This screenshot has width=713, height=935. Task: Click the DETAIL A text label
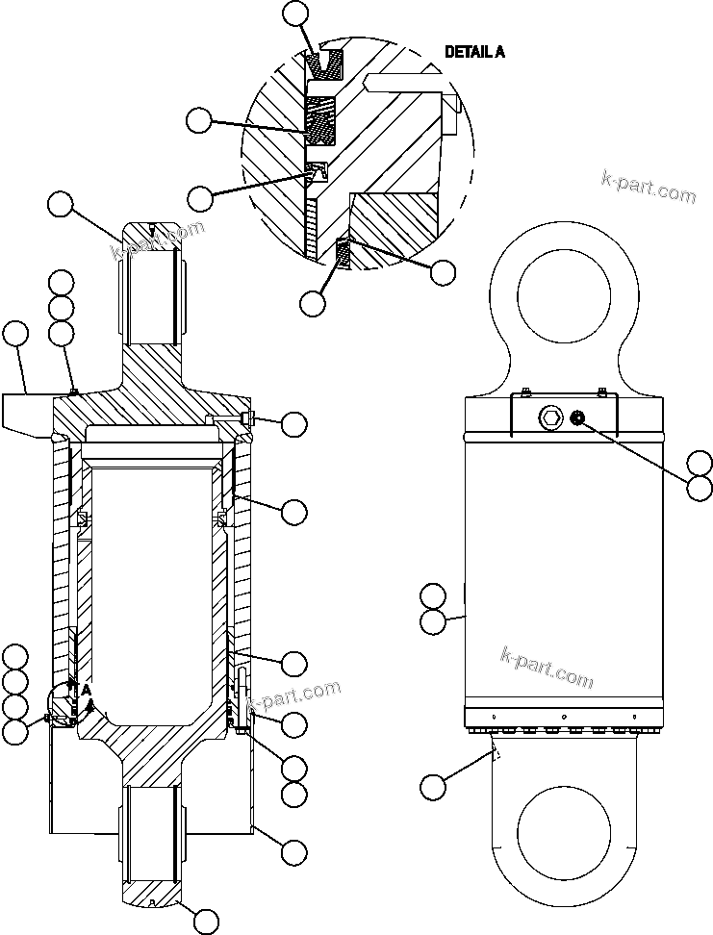click(474, 52)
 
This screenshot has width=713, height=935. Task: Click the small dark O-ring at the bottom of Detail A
click(343, 255)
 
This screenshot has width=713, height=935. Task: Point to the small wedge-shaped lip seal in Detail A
click(317, 172)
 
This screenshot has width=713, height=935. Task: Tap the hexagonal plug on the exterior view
click(551, 416)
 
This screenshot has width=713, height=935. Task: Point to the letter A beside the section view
click(86, 689)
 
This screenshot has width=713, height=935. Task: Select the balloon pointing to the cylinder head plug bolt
click(293, 423)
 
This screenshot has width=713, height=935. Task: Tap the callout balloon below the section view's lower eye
click(205, 921)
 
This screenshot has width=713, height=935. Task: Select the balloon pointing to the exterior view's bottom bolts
click(433, 787)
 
